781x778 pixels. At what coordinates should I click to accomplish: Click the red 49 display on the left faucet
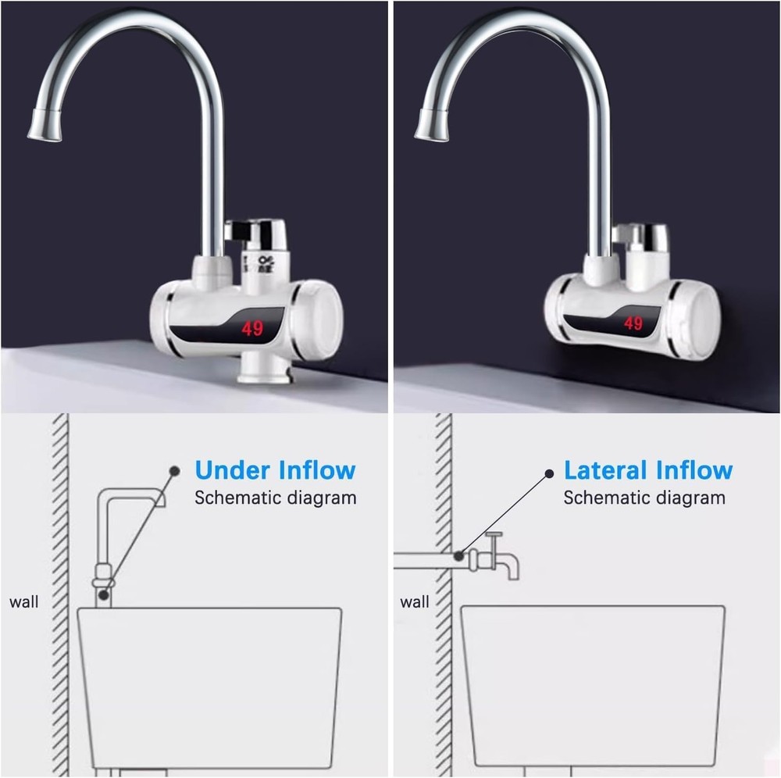252,329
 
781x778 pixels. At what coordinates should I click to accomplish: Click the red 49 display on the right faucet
633,323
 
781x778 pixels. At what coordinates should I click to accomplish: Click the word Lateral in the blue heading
605,470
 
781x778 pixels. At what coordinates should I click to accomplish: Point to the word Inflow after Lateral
694,470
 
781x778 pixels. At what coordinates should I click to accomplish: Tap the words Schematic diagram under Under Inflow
275,498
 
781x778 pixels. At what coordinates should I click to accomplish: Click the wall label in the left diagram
23,601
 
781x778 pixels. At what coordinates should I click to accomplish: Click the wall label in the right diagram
414,601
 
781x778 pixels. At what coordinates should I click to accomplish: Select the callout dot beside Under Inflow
175,470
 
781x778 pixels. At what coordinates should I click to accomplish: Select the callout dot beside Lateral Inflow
547,473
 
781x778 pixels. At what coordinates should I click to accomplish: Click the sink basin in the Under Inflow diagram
209,687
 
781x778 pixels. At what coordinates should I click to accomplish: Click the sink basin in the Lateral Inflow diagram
592,687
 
